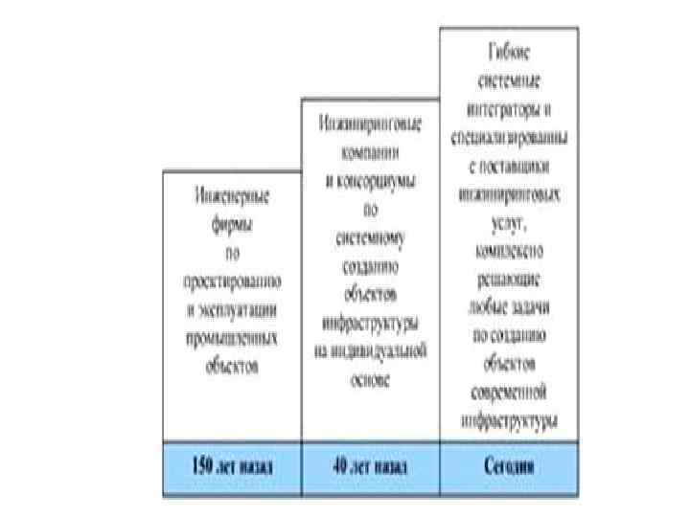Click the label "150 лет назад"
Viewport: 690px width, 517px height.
point(232,468)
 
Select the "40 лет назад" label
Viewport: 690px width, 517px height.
point(371,468)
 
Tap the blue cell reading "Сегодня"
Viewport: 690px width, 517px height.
point(510,468)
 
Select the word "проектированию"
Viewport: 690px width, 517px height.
point(232,283)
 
